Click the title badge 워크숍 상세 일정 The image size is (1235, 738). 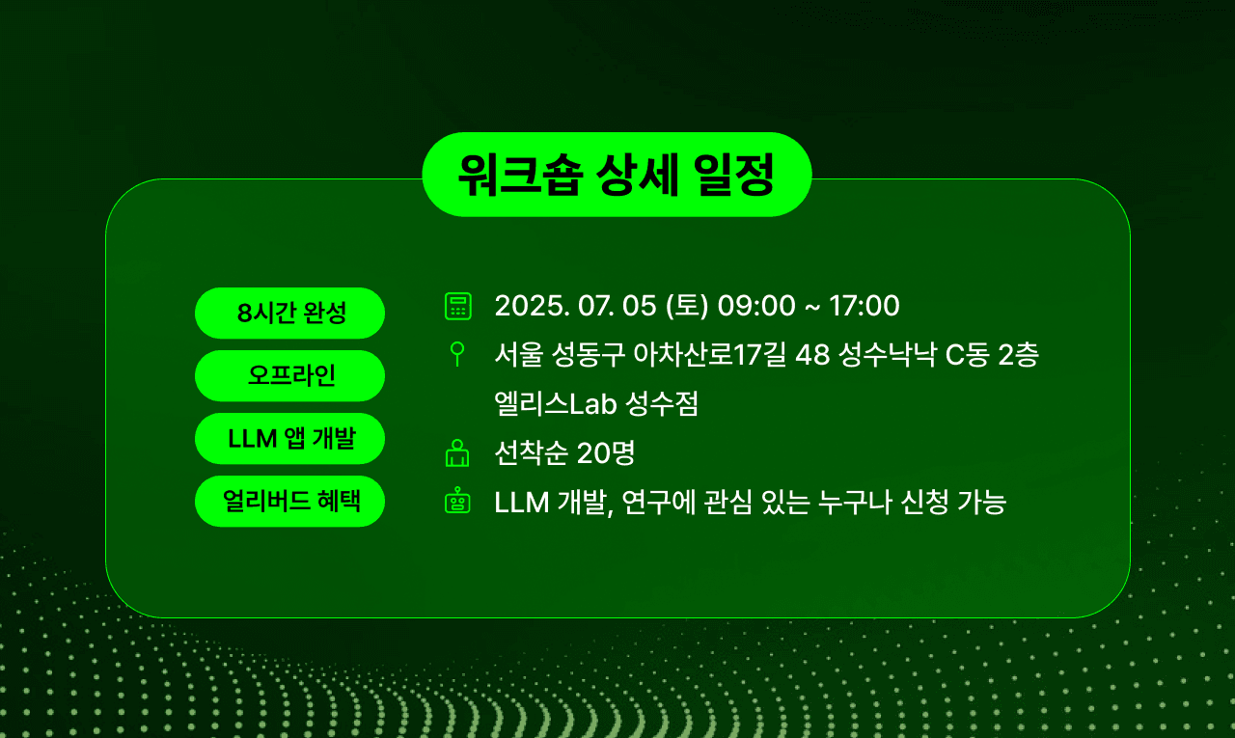click(x=617, y=175)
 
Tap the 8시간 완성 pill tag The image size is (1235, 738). click(x=289, y=314)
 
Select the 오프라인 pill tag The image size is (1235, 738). click(x=289, y=375)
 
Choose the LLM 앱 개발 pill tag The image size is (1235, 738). click(x=289, y=438)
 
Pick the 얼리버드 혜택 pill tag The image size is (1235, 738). click(x=289, y=501)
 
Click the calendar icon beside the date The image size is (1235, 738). click(x=457, y=306)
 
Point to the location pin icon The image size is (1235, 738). click(x=457, y=354)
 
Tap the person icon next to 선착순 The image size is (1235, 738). click(x=457, y=452)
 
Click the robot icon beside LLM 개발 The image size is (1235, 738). click(x=457, y=502)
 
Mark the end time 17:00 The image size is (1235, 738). click(x=864, y=306)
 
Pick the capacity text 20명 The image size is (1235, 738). click(x=605, y=452)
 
